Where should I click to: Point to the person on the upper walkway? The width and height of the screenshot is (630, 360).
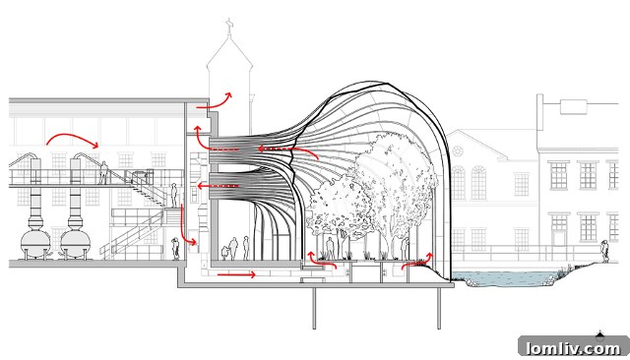(103, 172)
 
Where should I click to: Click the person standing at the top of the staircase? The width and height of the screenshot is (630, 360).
(173, 194)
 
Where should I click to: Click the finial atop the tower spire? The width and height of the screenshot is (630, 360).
(229, 22)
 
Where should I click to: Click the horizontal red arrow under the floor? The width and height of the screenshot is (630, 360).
(236, 274)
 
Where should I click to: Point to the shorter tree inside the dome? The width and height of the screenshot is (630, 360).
(335, 207)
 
